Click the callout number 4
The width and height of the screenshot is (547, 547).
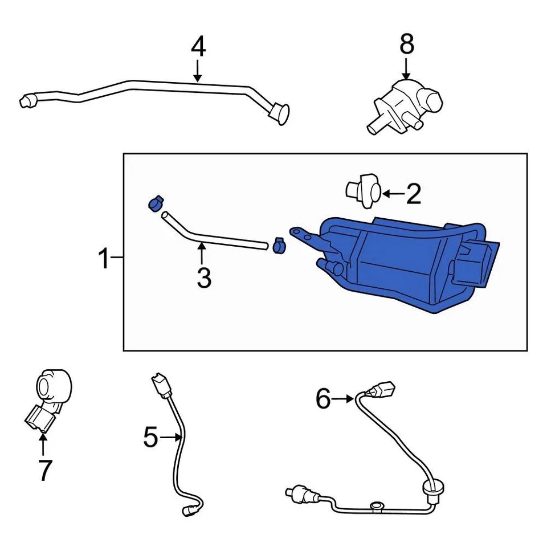click(198, 47)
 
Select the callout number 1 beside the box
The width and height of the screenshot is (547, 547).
click(103, 259)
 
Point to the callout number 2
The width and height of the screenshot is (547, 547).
click(413, 194)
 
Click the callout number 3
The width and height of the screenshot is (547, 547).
click(203, 278)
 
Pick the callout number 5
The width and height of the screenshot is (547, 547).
click(150, 438)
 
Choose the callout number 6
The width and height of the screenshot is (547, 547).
click(323, 399)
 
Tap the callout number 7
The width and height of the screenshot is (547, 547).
click(44, 470)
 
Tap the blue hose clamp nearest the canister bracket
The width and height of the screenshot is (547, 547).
click(279, 245)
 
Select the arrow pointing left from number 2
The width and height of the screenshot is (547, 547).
click(392, 194)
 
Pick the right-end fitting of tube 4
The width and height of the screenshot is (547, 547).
click(279, 111)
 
